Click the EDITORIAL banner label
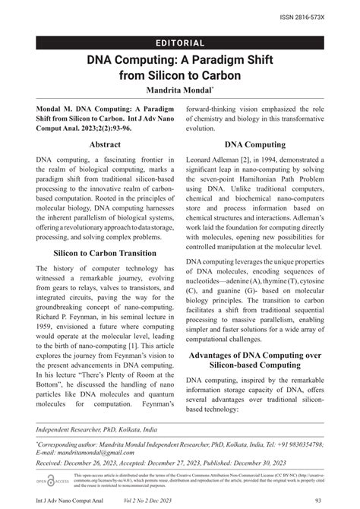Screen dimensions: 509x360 [180, 43]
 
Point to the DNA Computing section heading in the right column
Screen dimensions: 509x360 [255, 144]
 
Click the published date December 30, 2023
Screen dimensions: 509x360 [255, 461]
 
